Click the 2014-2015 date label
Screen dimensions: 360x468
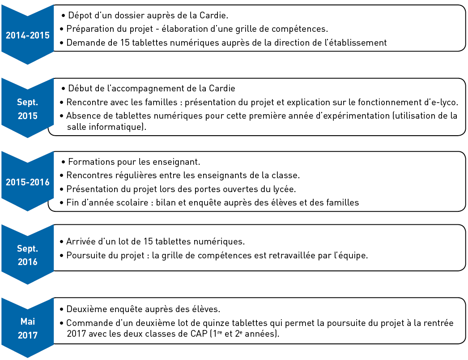[x=28, y=36]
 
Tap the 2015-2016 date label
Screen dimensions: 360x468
[x=28, y=182]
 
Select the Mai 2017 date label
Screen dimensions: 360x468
[x=28, y=328]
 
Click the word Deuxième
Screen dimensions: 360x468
[x=85, y=309]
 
